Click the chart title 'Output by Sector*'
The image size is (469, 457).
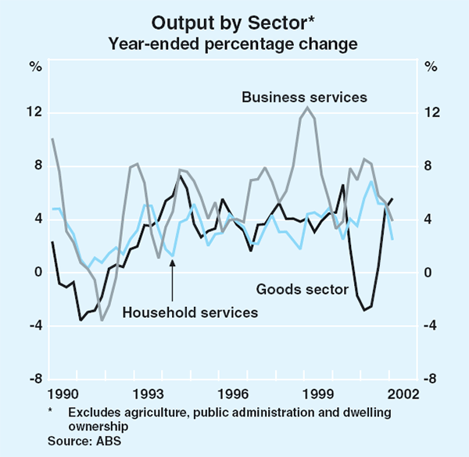[x=234, y=21]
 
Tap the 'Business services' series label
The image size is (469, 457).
[x=304, y=98]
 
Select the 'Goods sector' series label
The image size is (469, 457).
[x=303, y=290]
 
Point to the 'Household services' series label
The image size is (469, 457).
[x=190, y=312]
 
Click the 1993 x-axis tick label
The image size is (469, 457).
[x=146, y=392]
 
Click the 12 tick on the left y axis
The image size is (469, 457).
[x=34, y=112]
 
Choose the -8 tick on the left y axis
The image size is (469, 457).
[x=35, y=379]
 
